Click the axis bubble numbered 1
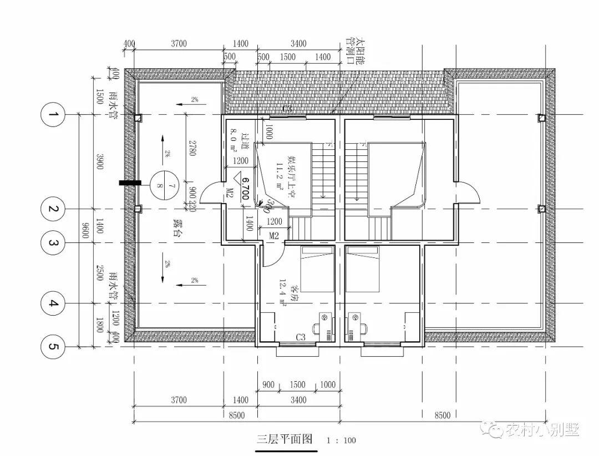54,115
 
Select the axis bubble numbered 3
54,242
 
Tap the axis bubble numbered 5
54,347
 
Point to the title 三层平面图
285,440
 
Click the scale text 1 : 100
342,441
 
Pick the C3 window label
301,337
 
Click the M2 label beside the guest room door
273,236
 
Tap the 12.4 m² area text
282,293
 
